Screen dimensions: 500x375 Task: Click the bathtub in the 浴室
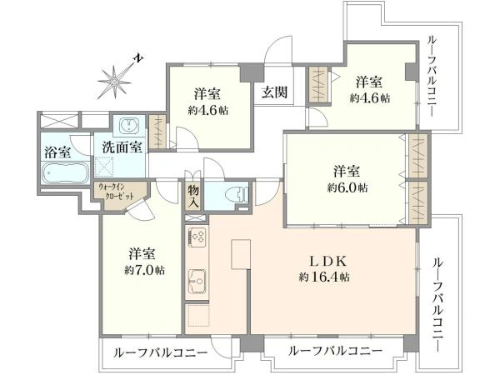point(65,172)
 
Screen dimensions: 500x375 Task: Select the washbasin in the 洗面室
point(129,124)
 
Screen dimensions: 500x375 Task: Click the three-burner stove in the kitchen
point(197,237)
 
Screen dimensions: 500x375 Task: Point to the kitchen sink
point(197,282)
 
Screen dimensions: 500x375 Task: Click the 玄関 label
point(274,92)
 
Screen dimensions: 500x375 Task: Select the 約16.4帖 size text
point(324,277)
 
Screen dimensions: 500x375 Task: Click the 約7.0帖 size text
point(144,271)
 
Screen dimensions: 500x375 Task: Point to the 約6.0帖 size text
point(347,187)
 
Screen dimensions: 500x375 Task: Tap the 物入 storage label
point(193,197)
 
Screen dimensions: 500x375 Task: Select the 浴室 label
point(57,152)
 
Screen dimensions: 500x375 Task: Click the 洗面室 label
point(122,147)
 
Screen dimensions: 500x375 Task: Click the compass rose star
point(114,82)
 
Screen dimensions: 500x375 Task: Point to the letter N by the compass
point(138,58)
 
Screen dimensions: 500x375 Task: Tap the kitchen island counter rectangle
point(241,255)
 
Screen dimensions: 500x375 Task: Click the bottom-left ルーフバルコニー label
point(160,353)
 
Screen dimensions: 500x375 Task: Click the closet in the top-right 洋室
point(318,85)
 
